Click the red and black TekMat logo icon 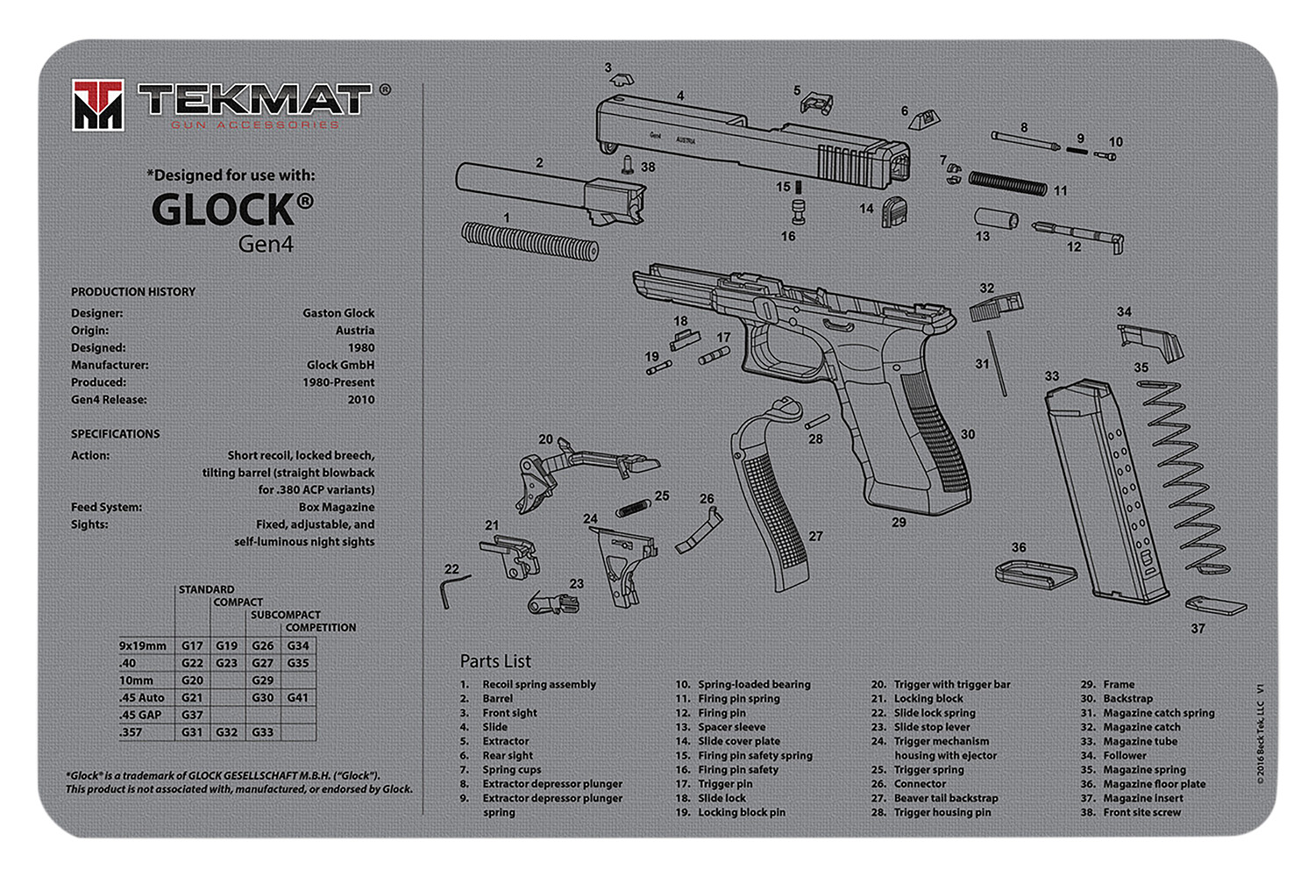pos(97,105)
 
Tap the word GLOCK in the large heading pos(224,210)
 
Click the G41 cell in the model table pos(298,697)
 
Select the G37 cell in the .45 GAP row pos(192,715)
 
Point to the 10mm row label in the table pos(137,680)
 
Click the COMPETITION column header pos(320,628)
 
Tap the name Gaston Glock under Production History pos(338,313)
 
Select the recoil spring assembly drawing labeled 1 pos(529,240)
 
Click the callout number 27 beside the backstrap pos(815,536)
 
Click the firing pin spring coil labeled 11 pos(1006,183)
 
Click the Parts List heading pos(495,661)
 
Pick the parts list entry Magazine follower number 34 pos(1124,755)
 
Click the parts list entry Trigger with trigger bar pos(951,684)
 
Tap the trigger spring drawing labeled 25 pos(632,508)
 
